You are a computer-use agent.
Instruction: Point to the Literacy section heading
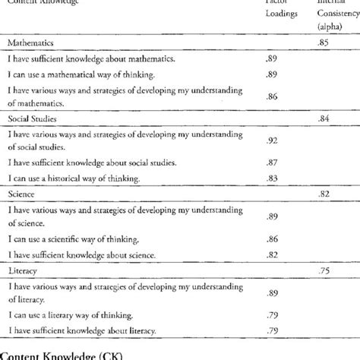pos(25,268)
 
